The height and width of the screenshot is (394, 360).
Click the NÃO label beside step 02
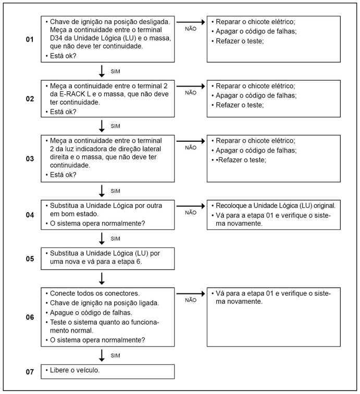[x=191, y=93]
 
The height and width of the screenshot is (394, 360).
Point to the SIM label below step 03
[x=116, y=191]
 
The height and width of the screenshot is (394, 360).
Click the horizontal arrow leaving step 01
[x=191, y=22]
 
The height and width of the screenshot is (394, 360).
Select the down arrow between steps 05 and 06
[x=102, y=277]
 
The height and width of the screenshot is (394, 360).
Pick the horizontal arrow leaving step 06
[x=191, y=292]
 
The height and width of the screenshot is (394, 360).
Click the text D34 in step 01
[x=57, y=38]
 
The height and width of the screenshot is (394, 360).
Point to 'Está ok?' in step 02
[x=63, y=112]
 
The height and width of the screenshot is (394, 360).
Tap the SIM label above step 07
[x=116, y=356]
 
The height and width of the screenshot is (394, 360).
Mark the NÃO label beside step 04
[x=191, y=212]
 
